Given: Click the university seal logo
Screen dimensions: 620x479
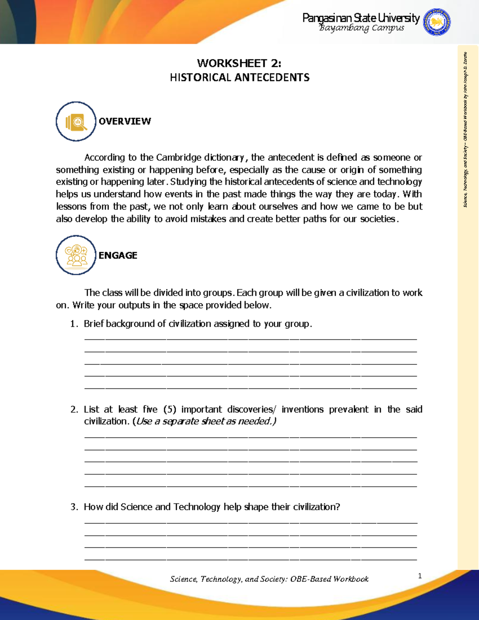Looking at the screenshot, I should (x=437, y=22).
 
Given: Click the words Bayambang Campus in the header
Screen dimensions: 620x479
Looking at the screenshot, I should (x=361, y=28).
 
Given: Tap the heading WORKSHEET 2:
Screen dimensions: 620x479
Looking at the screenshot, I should (x=239, y=63).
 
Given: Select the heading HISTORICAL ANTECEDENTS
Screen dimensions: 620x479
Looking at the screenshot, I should (x=239, y=77).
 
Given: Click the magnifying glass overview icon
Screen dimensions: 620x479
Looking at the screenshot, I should (x=76, y=121).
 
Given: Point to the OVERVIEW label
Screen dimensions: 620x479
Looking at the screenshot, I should (x=125, y=121).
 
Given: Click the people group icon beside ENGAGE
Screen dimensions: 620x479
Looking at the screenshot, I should (x=76, y=255).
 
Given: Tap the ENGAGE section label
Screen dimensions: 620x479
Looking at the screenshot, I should (x=118, y=256).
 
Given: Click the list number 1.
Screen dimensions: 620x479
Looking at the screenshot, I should (x=73, y=324).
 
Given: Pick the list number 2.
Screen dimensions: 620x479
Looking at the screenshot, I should (x=74, y=409).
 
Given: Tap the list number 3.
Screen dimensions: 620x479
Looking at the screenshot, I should (x=74, y=507).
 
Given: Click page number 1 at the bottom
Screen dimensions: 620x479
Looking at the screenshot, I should (x=420, y=576).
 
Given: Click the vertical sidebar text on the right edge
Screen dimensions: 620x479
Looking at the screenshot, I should (x=465, y=130).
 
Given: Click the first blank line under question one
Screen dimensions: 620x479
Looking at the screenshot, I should (x=251, y=339).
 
